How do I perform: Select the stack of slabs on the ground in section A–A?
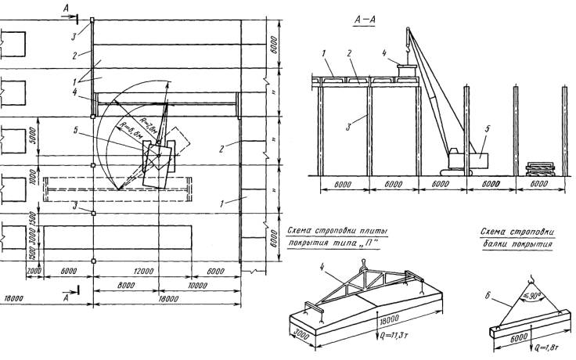(541, 168)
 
